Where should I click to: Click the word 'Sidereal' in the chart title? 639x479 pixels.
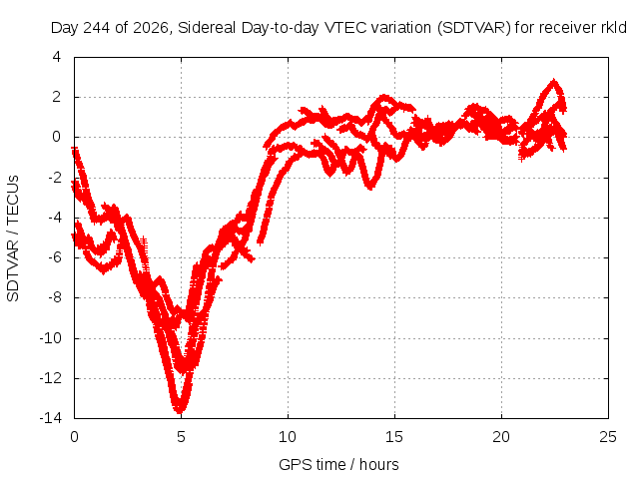point(207,28)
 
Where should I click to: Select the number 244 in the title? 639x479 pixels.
point(96,28)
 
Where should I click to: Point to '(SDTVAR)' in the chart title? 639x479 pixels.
point(474,28)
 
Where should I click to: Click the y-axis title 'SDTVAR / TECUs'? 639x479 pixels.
point(13,239)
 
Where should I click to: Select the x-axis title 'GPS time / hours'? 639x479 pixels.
point(338,464)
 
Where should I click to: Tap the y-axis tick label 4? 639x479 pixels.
point(57,57)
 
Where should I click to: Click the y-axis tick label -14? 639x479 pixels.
point(51,418)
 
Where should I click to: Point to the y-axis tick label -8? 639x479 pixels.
point(54,297)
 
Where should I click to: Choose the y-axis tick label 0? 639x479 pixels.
point(57,137)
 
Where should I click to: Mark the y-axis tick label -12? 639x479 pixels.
point(51,378)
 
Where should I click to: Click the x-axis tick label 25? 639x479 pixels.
point(608,437)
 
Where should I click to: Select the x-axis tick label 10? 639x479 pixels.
point(288,437)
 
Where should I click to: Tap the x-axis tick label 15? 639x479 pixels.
point(394,437)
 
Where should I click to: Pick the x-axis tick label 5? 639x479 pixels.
point(181,437)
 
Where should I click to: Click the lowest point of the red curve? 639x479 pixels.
point(180,411)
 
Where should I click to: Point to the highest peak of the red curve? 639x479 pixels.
point(553,82)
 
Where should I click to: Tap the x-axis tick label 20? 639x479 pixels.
point(501,437)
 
